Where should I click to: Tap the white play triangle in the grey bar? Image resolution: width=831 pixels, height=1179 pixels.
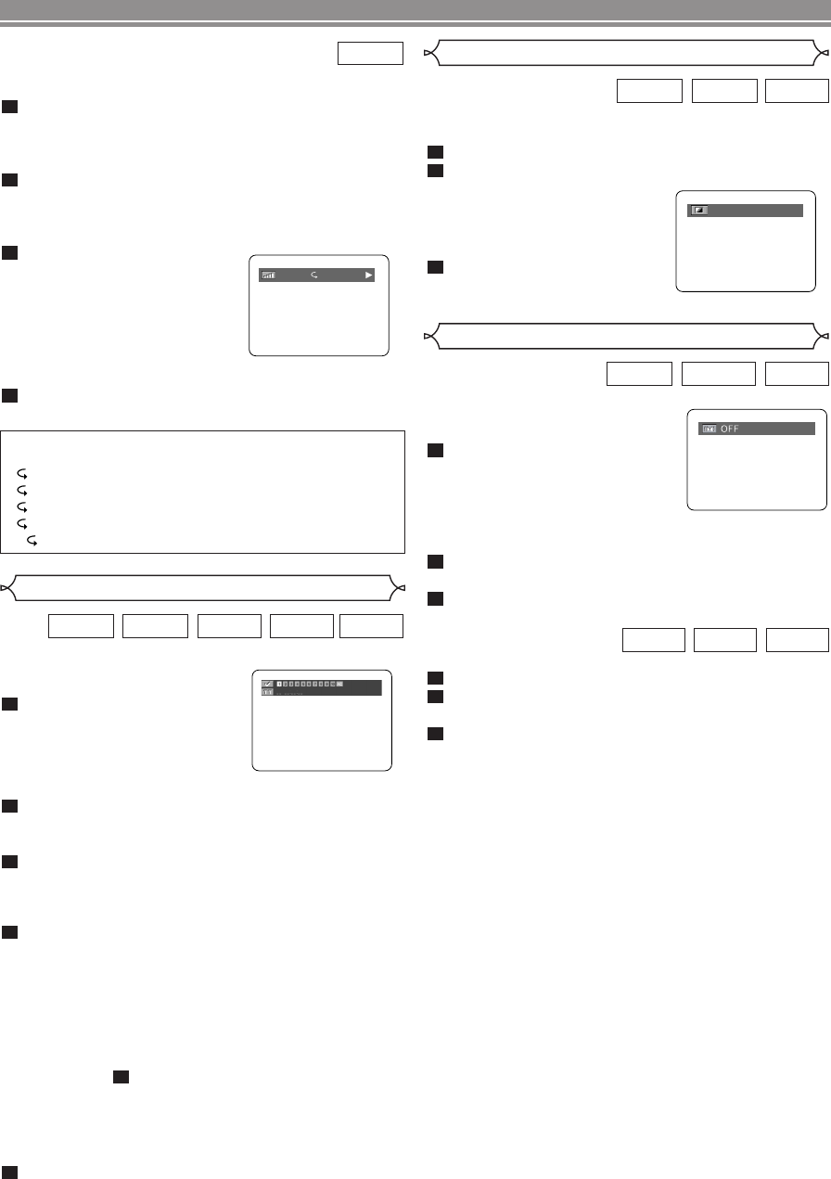click(368, 276)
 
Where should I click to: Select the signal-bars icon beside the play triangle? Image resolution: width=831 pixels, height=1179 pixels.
click(268, 276)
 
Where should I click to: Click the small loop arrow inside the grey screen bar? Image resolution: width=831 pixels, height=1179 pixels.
click(314, 276)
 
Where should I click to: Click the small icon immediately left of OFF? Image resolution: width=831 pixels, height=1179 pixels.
click(710, 429)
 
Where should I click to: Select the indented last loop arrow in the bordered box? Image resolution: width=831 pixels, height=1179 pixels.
click(32, 539)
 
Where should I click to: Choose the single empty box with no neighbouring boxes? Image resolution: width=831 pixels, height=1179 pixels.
click(370, 54)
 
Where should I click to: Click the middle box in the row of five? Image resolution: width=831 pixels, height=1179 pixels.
click(227, 625)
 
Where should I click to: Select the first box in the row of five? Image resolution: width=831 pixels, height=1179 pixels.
click(81, 625)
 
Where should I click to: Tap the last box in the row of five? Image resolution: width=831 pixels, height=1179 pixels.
click(372, 625)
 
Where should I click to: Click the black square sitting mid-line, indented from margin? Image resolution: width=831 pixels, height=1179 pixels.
click(120, 1077)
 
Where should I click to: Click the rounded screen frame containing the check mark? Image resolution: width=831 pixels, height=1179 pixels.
click(321, 719)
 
